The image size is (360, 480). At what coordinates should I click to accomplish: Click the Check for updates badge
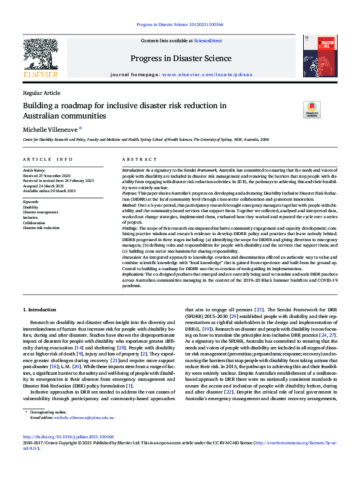click(x=312, y=109)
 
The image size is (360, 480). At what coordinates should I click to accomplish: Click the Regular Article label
click(x=42, y=92)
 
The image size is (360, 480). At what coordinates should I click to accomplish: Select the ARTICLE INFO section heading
click(x=48, y=159)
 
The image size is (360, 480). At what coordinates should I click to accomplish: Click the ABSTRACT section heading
click(x=140, y=159)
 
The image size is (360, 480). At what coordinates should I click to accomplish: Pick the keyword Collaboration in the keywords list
click(x=35, y=222)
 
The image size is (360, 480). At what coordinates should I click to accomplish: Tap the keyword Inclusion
click(x=31, y=217)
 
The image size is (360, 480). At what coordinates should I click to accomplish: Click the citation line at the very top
click(x=180, y=24)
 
